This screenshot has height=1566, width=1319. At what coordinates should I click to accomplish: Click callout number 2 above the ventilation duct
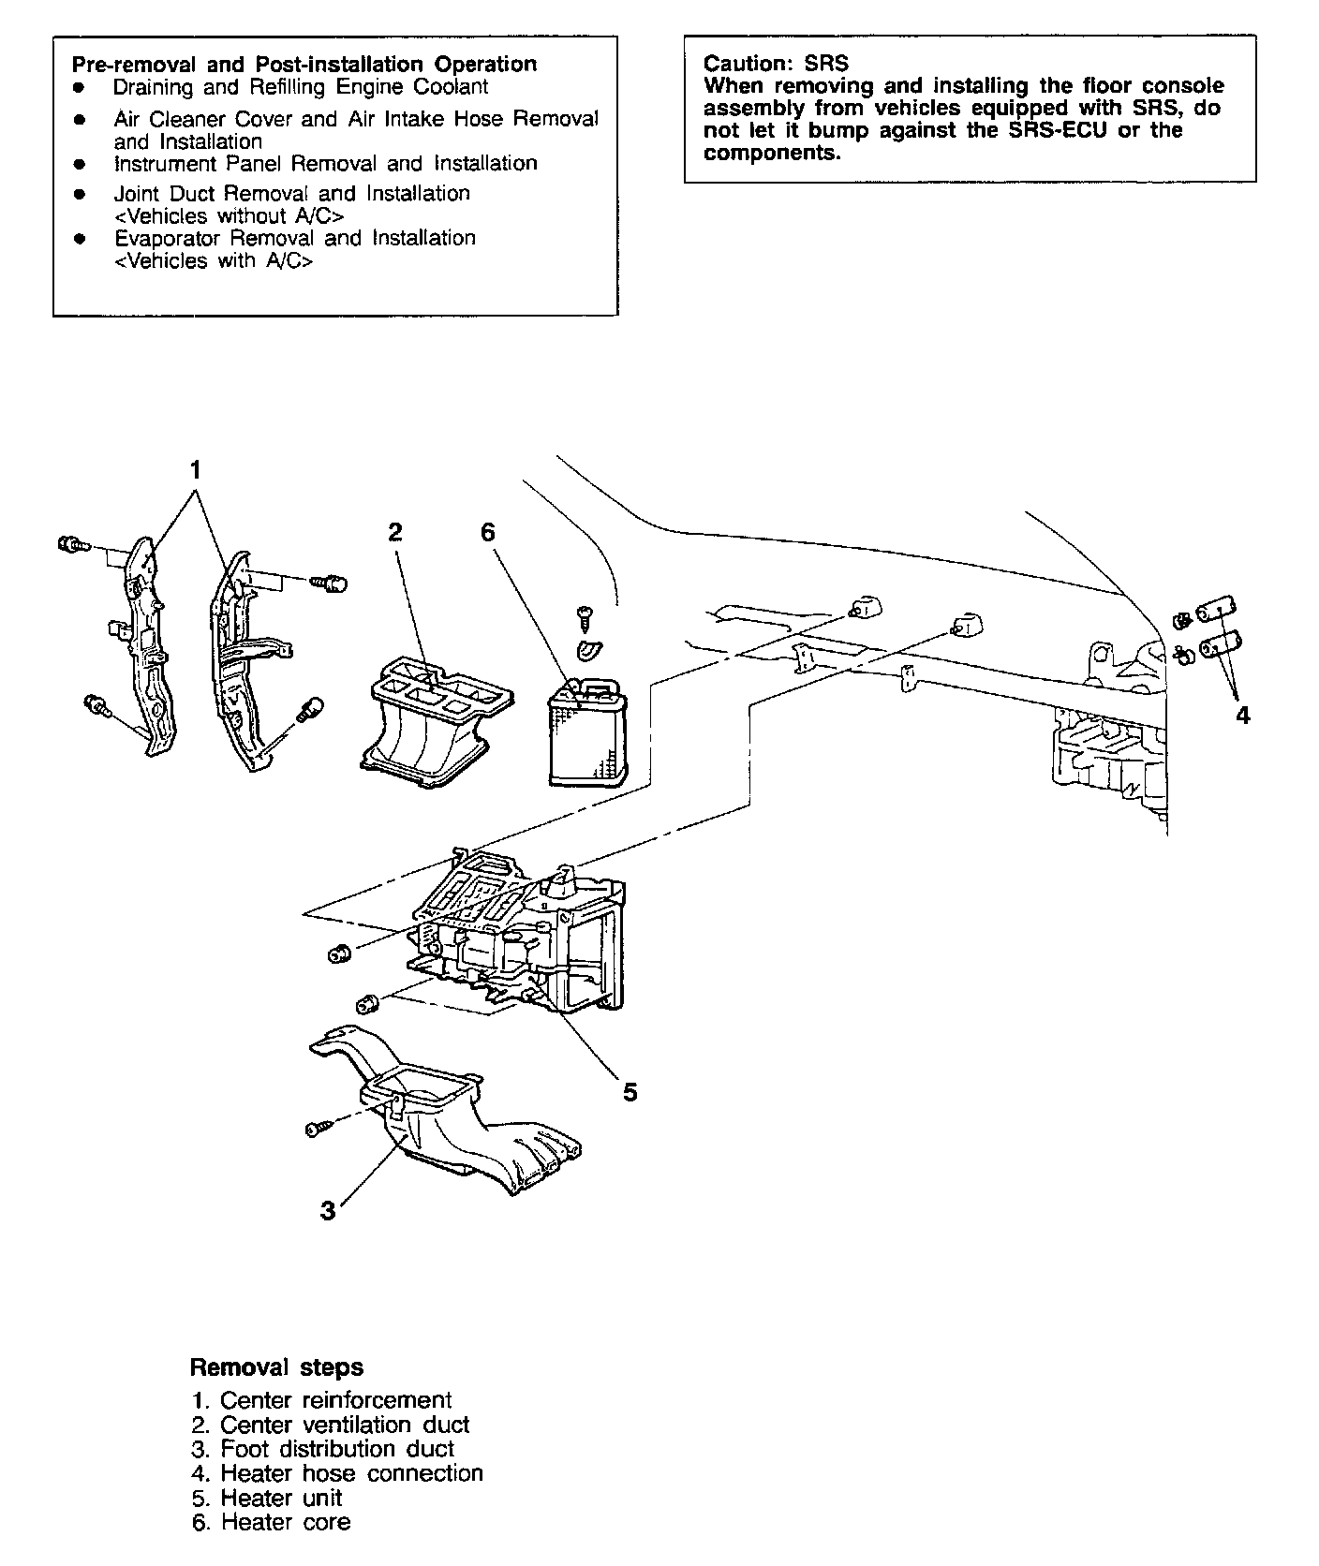point(395,533)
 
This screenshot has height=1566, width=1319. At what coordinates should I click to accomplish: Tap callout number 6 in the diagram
point(487,533)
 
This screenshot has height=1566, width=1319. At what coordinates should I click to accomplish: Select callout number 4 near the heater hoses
point(1242,716)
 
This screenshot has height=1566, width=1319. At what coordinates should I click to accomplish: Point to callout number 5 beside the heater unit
point(630,1092)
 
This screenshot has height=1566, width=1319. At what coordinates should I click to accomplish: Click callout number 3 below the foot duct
point(328,1211)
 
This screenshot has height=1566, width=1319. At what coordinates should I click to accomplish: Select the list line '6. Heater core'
point(271,1522)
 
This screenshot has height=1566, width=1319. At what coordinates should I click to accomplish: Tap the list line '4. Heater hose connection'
point(337,1473)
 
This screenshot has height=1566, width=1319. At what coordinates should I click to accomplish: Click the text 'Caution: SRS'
point(776,64)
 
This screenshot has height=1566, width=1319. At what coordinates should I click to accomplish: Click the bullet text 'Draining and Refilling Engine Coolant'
point(301,87)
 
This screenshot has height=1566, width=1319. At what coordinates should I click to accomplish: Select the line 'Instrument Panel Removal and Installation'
point(325,164)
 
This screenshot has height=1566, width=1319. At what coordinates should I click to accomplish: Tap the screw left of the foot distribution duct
point(316,1130)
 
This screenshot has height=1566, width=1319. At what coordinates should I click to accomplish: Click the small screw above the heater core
point(584,614)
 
